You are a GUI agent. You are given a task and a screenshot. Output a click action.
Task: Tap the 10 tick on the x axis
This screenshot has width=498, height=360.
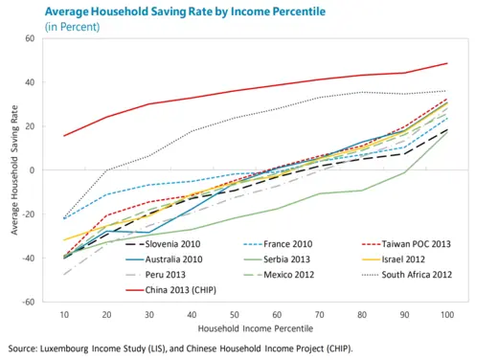click(65, 315)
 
